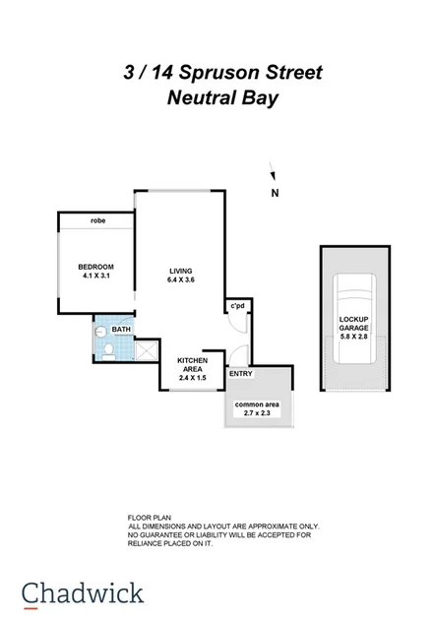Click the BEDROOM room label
coord(97,267)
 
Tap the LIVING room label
coord(180,271)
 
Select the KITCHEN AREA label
coord(192,365)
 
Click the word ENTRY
coord(240,374)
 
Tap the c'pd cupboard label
coord(237,307)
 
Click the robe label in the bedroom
coord(97,220)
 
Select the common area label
coord(257,404)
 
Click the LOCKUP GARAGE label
coord(353,324)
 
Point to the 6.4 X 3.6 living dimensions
coord(180,280)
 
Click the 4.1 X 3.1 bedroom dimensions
coord(97,277)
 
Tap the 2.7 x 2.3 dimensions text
coord(257,414)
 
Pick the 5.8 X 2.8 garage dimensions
coord(353,336)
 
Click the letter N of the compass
coord(276,193)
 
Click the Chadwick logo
coord(84,594)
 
